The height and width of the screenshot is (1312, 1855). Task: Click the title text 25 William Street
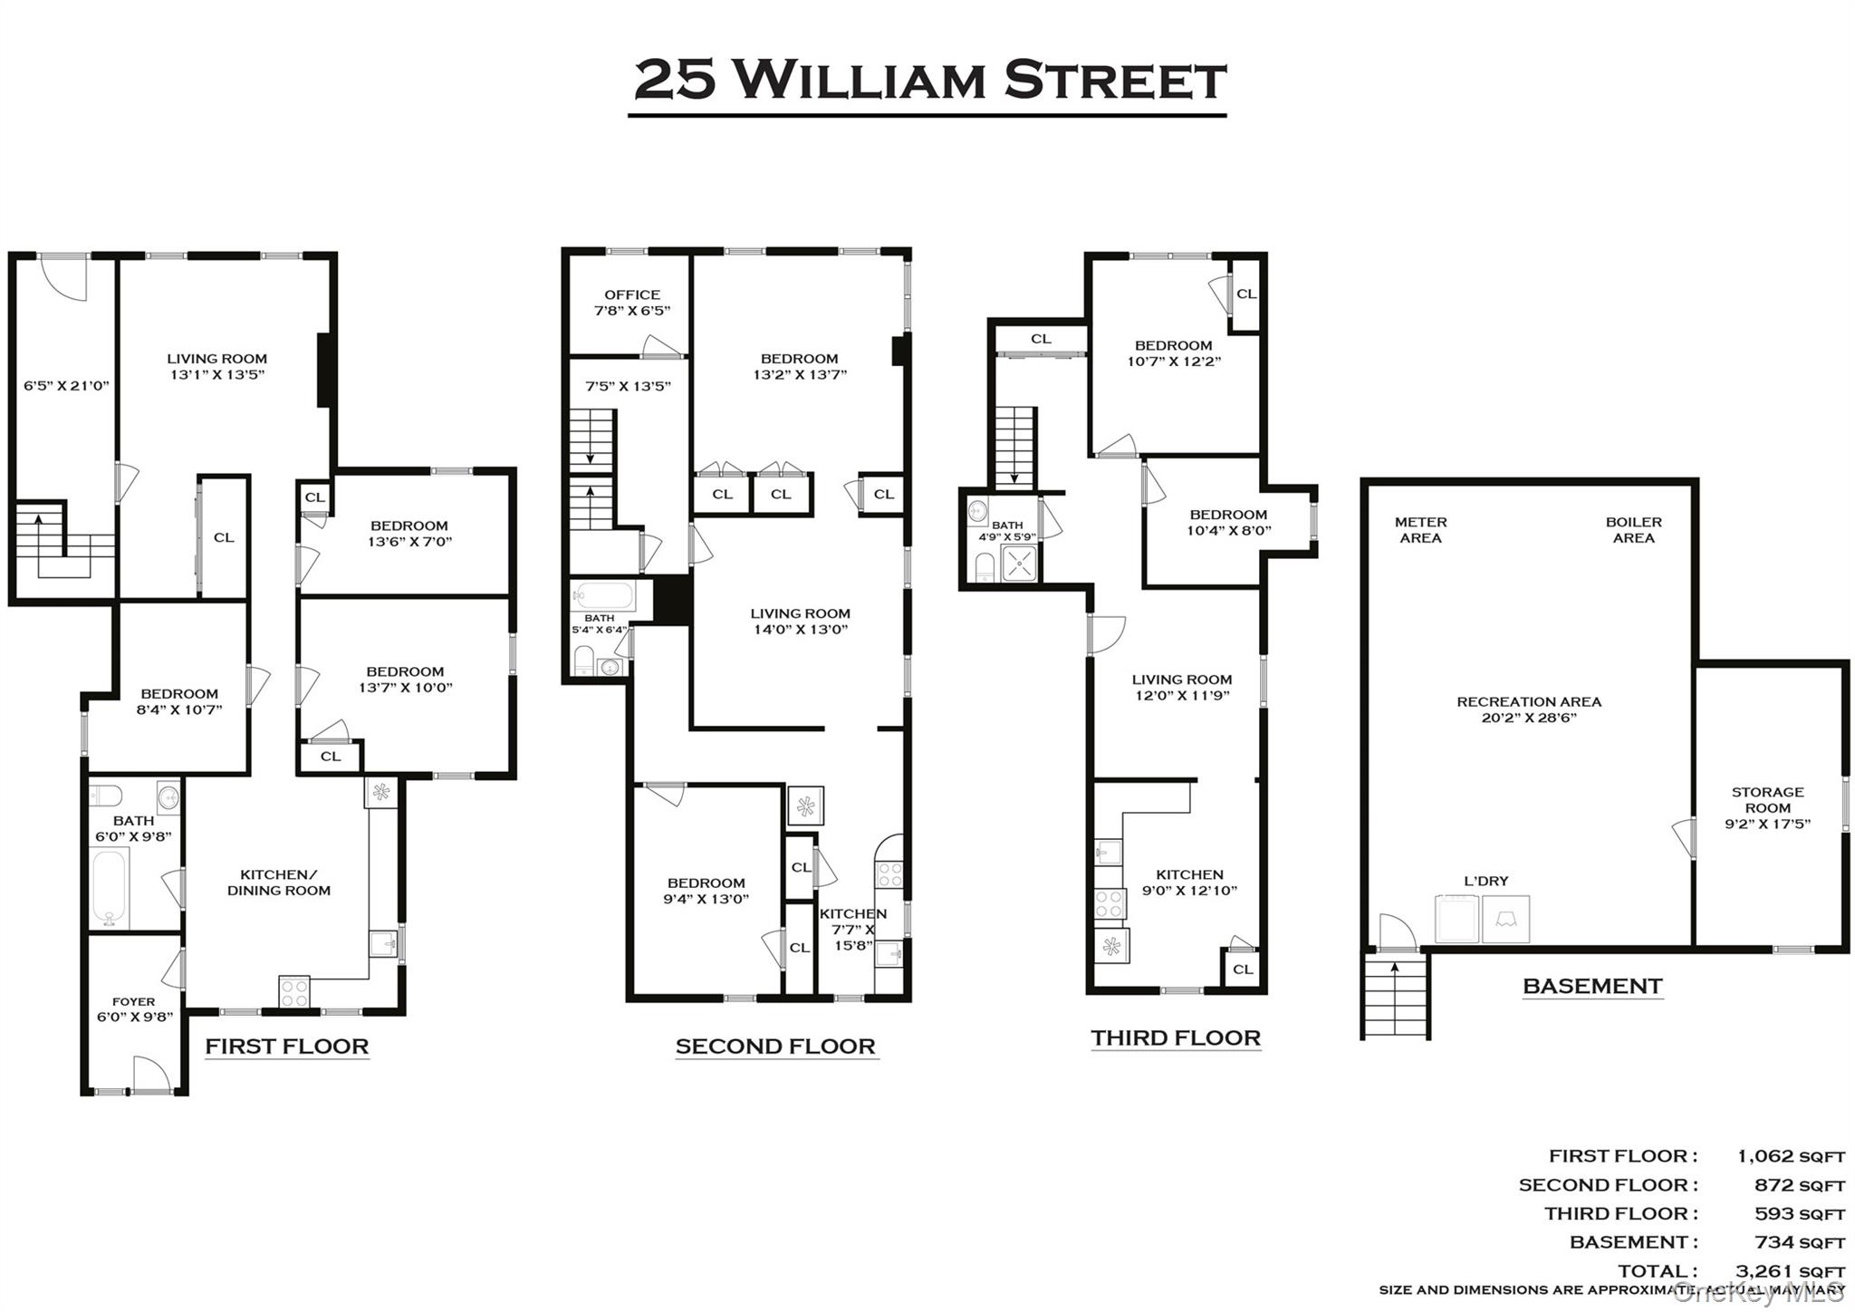click(928, 80)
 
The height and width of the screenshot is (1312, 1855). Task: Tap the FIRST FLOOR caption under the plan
click(286, 1047)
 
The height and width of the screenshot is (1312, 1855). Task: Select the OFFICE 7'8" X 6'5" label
click(631, 303)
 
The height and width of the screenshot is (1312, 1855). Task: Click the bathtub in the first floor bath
click(111, 888)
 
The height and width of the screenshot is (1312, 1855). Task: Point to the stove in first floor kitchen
click(293, 991)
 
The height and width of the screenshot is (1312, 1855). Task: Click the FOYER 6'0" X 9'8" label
click(133, 1009)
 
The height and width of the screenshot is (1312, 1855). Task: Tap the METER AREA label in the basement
click(1420, 530)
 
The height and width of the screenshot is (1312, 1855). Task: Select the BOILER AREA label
click(1633, 530)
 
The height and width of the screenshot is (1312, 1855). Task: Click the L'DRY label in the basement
click(1485, 881)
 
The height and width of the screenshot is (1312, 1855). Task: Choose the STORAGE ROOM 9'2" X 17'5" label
click(1767, 807)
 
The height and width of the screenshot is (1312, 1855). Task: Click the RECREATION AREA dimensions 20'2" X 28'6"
click(1529, 718)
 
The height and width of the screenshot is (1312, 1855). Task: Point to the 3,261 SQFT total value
click(1789, 1271)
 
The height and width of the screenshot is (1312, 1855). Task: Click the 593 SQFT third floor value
click(1799, 1214)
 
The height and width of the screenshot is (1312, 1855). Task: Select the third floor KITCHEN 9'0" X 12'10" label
click(1189, 883)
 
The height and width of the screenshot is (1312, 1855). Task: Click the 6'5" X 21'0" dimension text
click(66, 385)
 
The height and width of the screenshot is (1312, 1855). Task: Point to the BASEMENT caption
click(1592, 987)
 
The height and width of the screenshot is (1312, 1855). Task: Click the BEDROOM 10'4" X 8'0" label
click(1228, 523)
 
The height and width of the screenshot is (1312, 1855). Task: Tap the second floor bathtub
click(605, 595)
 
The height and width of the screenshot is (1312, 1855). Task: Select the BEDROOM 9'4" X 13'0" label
click(706, 891)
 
